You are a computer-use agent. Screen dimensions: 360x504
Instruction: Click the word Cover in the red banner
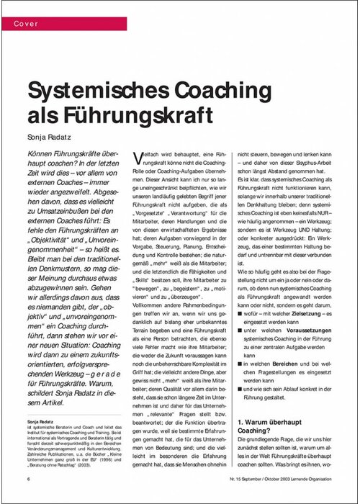[x=26, y=24]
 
